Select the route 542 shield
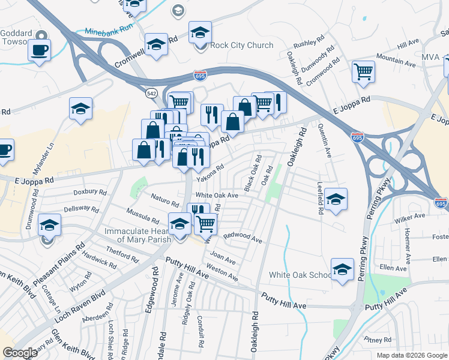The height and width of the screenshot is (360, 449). pyautogui.click(x=151, y=93)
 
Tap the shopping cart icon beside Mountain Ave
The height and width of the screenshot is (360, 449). pyautogui.click(x=363, y=72)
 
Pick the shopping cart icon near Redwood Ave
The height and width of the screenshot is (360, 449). pyautogui.click(x=205, y=223)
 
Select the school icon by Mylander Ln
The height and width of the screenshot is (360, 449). pyautogui.click(x=80, y=109)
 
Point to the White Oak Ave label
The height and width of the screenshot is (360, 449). pyautogui.click(x=217, y=196)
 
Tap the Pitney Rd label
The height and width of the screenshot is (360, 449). pyautogui.click(x=378, y=340)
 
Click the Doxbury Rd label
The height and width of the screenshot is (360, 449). pyautogui.click(x=89, y=193)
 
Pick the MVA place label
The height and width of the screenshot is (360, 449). pyautogui.click(x=430, y=58)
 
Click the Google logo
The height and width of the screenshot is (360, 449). pyautogui.click(x=20, y=353)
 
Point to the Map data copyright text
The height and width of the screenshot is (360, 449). pyautogui.click(x=411, y=355)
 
